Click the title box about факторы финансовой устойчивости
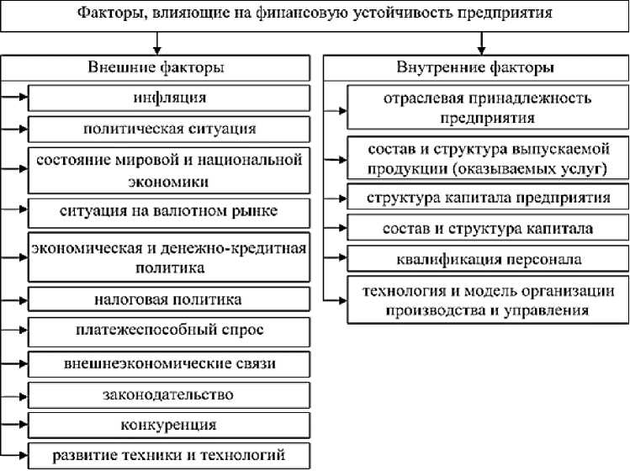tap(315, 15)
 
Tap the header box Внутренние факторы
tap(475, 67)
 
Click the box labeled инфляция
tap(169, 98)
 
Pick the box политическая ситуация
tap(169, 129)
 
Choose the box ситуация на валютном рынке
tap(169, 209)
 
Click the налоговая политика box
tap(169, 299)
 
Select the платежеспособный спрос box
tap(169, 330)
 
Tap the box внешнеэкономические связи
tap(169, 363)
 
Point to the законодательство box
tap(169, 394)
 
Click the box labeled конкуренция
tap(169, 424)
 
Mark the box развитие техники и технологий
tap(169, 455)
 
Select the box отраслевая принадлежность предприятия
tap(487, 108)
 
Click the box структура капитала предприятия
tap(487, 198)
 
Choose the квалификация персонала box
tap(487, 258)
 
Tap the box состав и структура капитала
tap(487, 228)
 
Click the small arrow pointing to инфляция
tap(17, 98)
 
